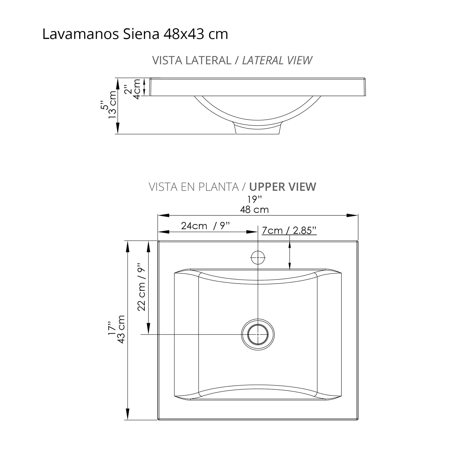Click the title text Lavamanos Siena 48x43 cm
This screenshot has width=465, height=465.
135,34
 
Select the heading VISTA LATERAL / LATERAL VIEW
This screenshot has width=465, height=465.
232,60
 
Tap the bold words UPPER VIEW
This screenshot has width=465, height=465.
283,187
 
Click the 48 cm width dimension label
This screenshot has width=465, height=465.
254,210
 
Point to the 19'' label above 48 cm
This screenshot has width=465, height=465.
254,200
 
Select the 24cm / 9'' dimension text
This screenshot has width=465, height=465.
205,226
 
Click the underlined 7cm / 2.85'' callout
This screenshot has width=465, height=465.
289,231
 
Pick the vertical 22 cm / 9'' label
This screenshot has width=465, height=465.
141,287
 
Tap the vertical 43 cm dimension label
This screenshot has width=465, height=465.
121,329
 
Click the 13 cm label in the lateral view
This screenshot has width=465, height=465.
112,104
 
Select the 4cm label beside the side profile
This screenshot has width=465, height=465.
136,89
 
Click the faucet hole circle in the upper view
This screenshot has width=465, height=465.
258,257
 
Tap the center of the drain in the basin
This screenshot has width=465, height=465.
258,334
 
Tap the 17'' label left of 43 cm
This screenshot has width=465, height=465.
111,328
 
